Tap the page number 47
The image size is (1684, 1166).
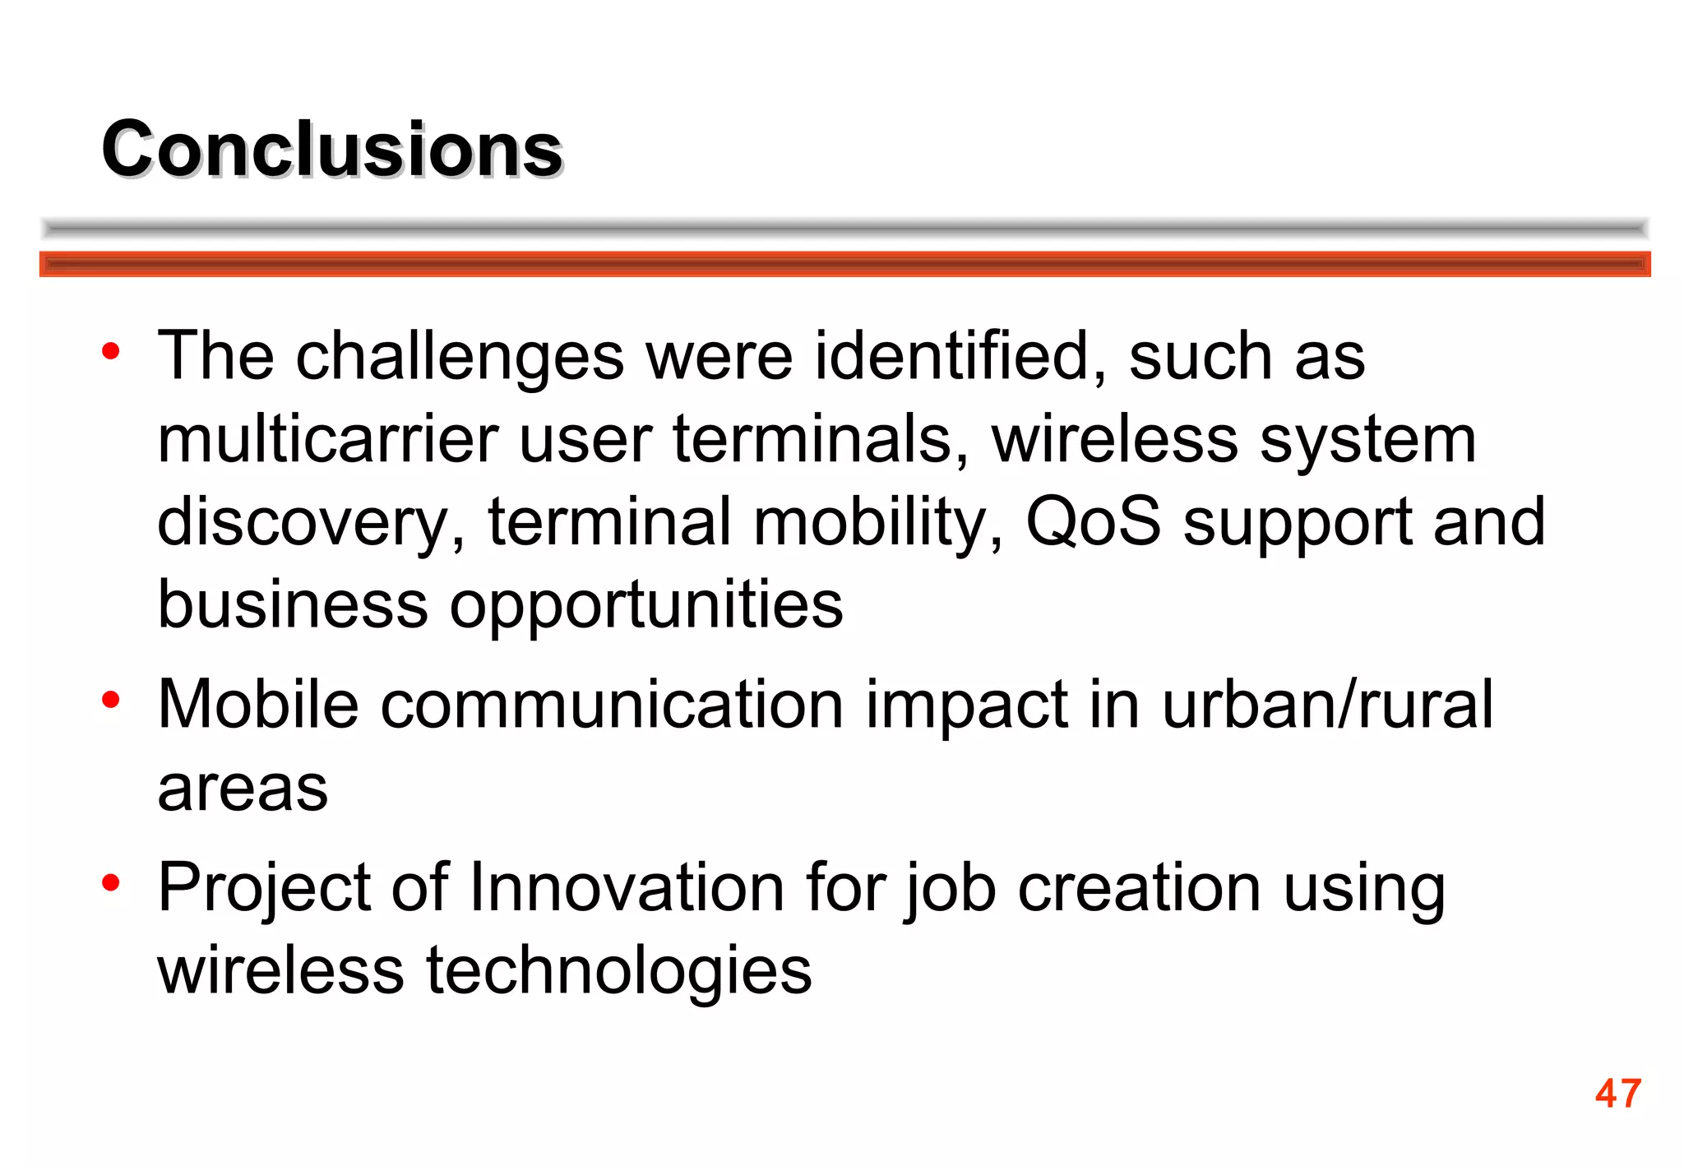1617,1094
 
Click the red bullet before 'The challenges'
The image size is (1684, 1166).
111,352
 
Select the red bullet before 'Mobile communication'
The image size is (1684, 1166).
111,701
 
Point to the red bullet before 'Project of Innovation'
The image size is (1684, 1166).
111,884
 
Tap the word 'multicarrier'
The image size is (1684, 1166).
328,439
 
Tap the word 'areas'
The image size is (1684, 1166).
243,789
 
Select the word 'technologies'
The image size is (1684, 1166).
618,973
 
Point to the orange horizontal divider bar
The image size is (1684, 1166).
844,264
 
